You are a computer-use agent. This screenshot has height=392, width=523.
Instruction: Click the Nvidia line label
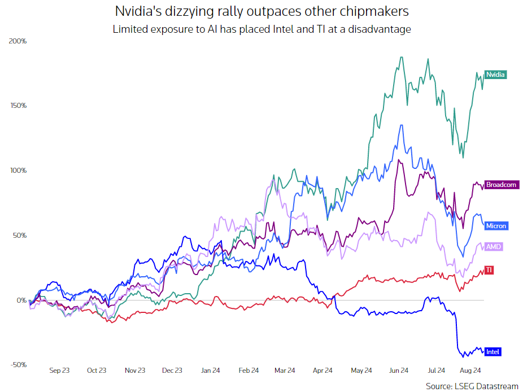click(495, 74)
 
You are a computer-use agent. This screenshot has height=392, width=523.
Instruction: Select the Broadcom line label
click(502, 185)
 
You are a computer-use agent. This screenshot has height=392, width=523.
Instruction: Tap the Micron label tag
click(496, 226)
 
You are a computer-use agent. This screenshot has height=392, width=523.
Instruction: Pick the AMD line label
click(494, 247)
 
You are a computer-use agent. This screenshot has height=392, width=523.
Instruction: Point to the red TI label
click(489, 270)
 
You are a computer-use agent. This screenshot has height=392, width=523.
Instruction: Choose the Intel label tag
click(493, 352)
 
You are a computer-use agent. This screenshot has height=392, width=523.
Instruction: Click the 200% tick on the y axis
click(19, 41)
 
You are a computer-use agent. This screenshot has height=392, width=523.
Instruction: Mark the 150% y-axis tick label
click(19, 106)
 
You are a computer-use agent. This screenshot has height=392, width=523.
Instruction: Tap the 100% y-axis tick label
click(19, 171)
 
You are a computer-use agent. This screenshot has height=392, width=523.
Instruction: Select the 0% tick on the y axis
click(21, 300)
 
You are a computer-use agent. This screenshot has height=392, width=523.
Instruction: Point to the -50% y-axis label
click(18, 365)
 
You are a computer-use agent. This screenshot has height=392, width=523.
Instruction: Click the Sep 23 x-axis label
click(59, 371)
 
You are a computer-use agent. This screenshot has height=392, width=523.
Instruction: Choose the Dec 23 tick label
click(172, 371)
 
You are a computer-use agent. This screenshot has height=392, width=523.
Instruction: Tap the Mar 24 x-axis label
click(285, 371)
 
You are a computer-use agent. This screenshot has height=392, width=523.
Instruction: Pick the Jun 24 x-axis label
click(398, 371)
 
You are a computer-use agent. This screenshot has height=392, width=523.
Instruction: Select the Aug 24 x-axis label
click(471, 371)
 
